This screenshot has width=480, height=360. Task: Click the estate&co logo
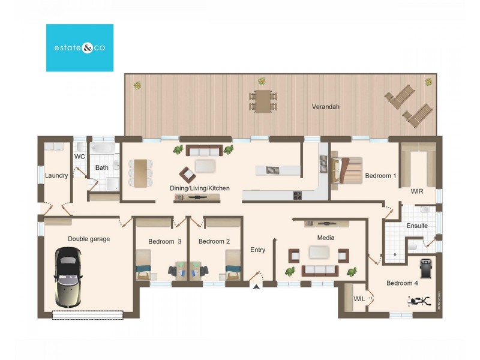[80, 48]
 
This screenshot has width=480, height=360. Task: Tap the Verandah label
[326, 107]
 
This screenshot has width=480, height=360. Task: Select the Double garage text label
[89, 239]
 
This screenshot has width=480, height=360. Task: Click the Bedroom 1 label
[380, 176]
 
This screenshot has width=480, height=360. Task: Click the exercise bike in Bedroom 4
[420, 300]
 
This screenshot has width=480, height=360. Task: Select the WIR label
[418, 192]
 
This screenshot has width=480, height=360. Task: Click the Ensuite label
[417, 226]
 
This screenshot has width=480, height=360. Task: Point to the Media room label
[326, 238]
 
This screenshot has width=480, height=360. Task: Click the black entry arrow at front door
[257, 287]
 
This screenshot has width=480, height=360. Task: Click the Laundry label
[56, 176]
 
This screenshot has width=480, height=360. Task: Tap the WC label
[79, 157]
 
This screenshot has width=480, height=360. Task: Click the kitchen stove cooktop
[296, 195]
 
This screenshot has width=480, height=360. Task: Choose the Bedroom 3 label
[165, 242]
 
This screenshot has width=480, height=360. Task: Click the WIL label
[359, 298]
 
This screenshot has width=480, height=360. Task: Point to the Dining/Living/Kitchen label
[200, 188]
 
